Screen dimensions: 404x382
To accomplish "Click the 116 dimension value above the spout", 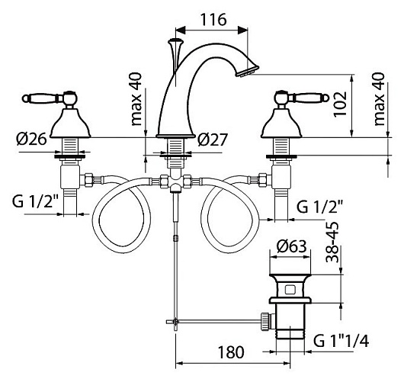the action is point(213,20).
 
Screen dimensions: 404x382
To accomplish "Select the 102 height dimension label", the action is point(339,104).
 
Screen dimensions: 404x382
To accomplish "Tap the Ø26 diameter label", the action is point(31,140).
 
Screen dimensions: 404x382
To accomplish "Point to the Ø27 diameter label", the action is point(213,140).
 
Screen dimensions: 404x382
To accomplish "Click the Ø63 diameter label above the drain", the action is point(291,246).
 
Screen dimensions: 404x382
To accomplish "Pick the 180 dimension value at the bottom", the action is point(231,352).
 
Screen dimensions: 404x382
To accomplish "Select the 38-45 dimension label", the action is point(332,242).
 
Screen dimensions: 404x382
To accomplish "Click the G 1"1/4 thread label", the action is point(341,342).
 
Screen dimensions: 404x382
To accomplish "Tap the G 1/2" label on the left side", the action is point(36,201).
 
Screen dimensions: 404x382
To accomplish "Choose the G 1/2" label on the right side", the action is point(319,207).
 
